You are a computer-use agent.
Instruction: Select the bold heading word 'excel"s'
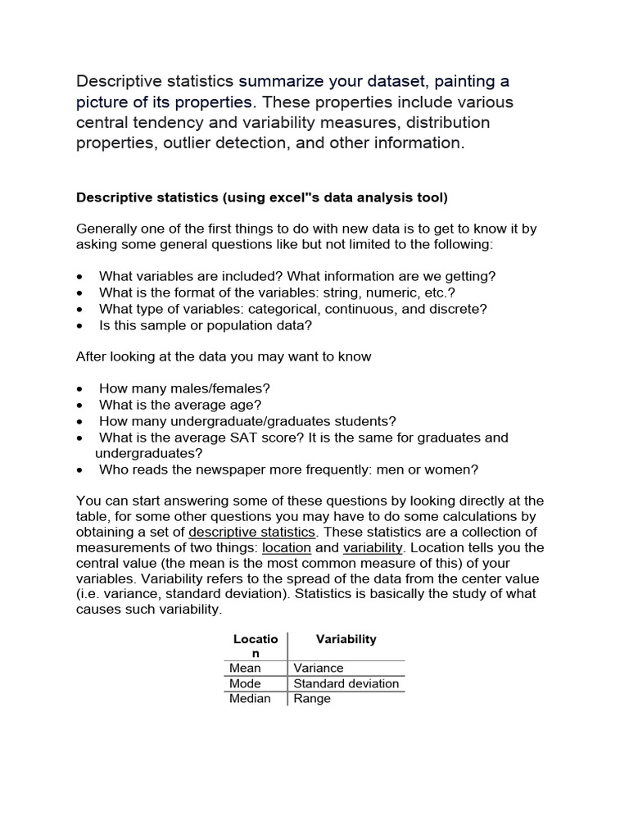tap(280, 197)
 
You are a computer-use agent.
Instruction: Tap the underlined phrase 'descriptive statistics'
tap(251, 532)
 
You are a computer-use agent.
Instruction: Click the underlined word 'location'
tap(287, 547)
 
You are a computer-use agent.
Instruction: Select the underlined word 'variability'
tap(373, 547)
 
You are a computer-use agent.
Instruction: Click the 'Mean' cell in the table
tap(245, 668)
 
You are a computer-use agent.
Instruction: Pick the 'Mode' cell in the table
tap(245, 683)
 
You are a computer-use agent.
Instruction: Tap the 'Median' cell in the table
tap(250, 699)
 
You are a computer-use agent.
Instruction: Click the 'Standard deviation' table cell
tap(346, 683)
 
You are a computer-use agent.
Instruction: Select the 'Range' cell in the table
tap(312, 699)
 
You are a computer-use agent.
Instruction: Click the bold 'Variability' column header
tap(346, 639)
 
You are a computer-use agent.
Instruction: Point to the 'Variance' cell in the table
tap(319, 668)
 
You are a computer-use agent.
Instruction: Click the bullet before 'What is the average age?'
tap(79, 406)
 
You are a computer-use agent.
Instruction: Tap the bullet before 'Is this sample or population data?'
tap(79, 325)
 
